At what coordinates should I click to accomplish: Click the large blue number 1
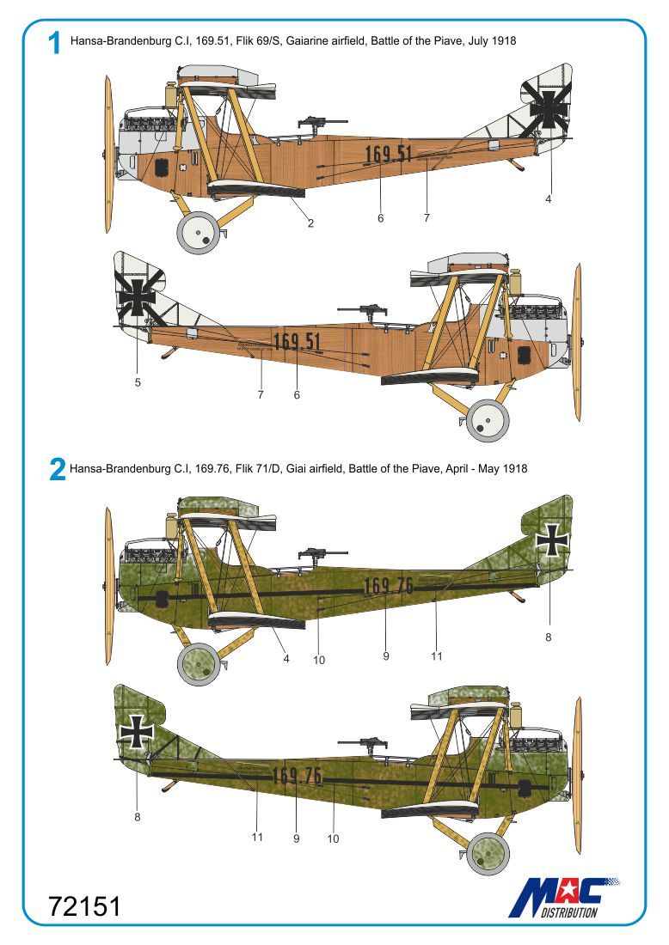point(55,42)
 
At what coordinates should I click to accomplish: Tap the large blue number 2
point(57,469)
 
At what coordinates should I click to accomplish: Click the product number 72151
point(84,906)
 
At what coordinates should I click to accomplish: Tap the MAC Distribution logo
point(563,896)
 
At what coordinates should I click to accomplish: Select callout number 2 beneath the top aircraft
point(310,223)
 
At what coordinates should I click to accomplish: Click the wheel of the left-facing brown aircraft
point(199,233)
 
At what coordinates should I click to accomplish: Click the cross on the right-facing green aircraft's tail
point(137,731)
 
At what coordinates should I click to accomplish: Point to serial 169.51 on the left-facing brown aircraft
point(388,155)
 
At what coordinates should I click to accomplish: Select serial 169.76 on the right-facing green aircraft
point(297,777)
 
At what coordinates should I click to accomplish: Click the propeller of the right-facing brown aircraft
point(577,341)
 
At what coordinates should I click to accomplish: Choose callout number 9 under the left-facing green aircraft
point(386,655)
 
